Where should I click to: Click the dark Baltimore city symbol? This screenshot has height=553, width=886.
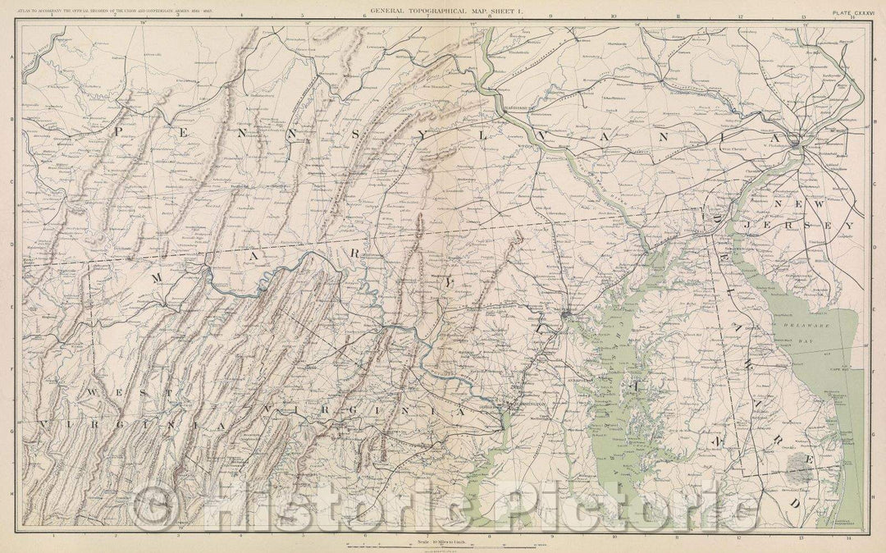tap(567, 314)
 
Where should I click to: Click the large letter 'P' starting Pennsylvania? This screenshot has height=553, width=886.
tap(120, 130)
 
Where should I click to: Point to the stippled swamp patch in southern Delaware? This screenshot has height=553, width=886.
tap(798, 466)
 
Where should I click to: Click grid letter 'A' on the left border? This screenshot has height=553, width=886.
tap(11, 57)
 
